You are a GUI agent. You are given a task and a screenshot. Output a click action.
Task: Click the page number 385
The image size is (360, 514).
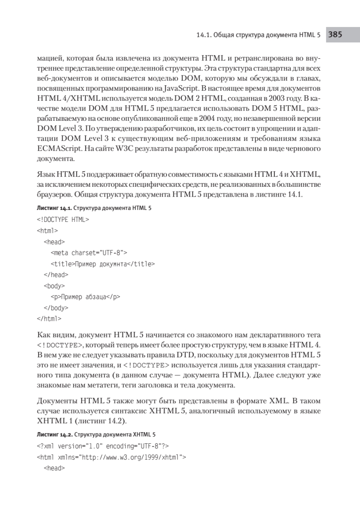click(335, 36)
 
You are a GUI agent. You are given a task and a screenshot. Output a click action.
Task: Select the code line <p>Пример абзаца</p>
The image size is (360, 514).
click(85, 297)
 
